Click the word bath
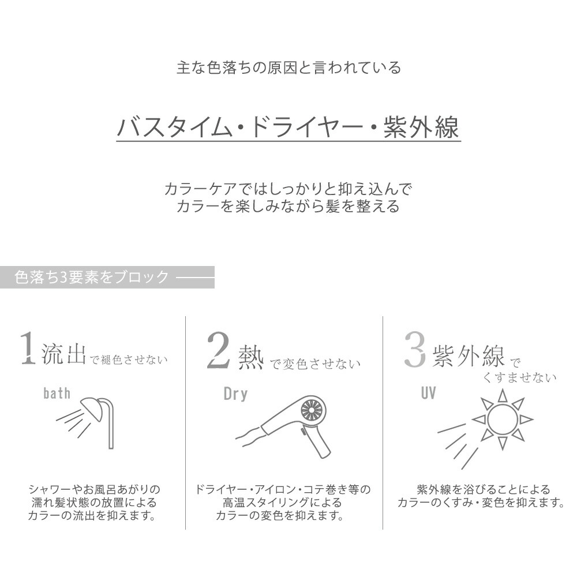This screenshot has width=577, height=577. click(57, 394)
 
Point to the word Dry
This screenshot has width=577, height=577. click(235, 394)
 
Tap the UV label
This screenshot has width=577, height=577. click(428, 394)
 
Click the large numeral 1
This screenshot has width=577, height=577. click(27, 349)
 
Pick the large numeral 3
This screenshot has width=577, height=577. click(414, 349)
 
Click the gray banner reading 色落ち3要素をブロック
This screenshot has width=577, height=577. click(107, 278)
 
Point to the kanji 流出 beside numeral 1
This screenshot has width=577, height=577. click(63, 353)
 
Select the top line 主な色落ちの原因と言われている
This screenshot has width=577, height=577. click(288, 68)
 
